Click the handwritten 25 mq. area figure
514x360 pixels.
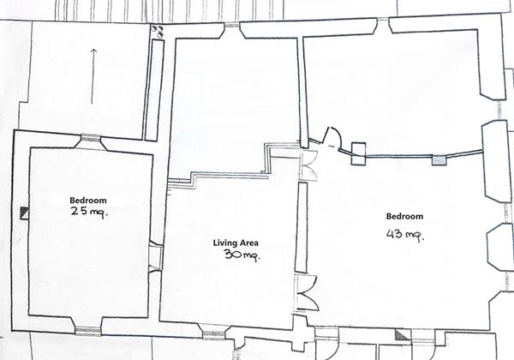(x=89, y=212)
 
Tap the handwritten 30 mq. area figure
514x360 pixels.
(x=242, y=255)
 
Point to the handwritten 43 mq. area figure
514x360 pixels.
(x=405, y=235)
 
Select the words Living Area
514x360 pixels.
(x=236, y=243)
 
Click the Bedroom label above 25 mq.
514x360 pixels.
(x=88, y=200)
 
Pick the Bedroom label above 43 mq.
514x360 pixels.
(x=404, y=216)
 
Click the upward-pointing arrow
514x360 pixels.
(x=93, y=76)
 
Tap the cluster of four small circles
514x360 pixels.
(x=158, y=31)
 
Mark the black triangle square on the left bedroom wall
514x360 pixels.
(x=25, y=213)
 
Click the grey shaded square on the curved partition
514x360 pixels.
(x=439, y=160)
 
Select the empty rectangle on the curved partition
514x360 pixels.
(x=358, y=153)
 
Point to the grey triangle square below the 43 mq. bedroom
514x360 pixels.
(x=403, y=335)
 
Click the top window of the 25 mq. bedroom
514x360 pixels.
(x=90, y=138)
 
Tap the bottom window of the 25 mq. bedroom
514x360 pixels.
(x=88, y=331)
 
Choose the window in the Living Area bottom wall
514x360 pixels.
(x=213, y=334)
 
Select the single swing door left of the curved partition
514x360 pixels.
(x=332, y=139)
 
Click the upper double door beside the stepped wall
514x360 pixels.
(x=308, y=165)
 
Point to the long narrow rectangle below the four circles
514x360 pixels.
(x=154, y=90)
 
